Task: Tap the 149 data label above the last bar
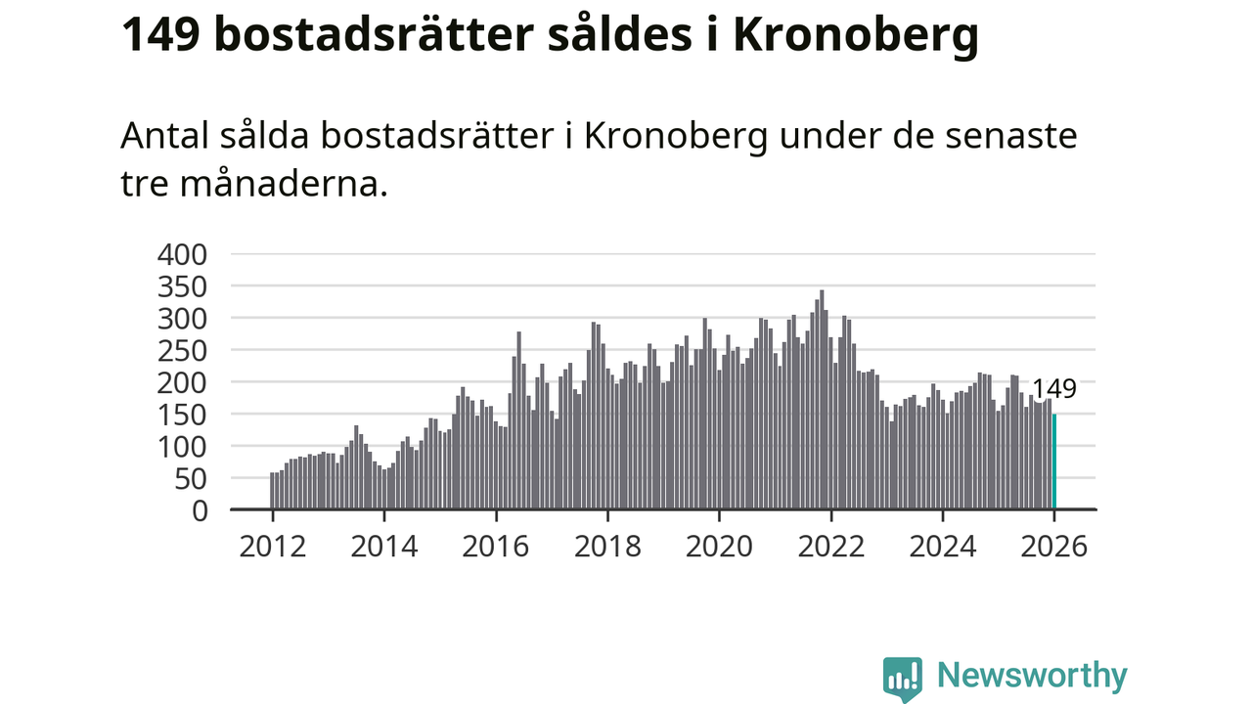tap(1054, 389)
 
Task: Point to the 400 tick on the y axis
tap(184, 254)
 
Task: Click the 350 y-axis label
tap(184, 286)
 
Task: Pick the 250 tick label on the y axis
tap(184, 350)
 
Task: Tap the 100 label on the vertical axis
tap(184, 446)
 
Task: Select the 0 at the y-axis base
tap(200, 509)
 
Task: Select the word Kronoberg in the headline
tap(855, 37)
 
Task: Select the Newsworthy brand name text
tap(1032, 676)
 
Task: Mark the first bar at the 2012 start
tap(272, 491)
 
